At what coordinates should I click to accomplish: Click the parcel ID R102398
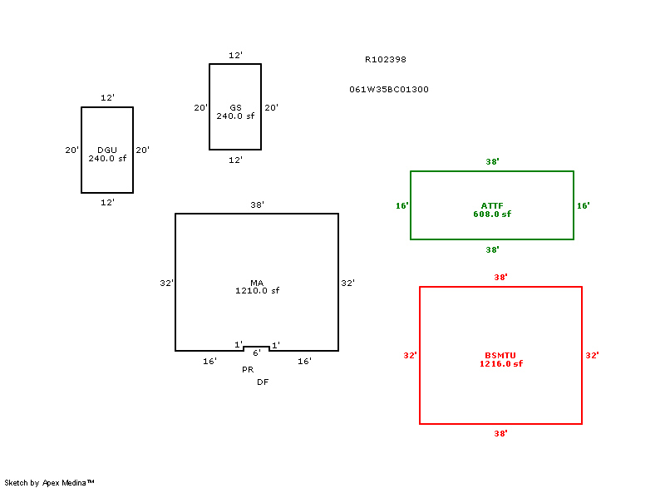tap(386, 60)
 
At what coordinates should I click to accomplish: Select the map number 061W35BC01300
tap(389, 89)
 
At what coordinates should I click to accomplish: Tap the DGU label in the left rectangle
tap(107, 150)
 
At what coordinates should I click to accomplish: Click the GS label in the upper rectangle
tap(235, 108)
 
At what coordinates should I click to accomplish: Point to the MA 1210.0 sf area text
tap(257, 287)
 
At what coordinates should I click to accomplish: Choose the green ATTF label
tap(492, 205)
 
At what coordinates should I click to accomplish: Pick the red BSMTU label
tap(500, 355)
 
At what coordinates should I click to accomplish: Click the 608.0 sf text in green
tap(492, 214)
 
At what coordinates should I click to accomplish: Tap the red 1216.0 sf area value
tap(500, 363)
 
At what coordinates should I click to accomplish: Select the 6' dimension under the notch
tap(257, 353)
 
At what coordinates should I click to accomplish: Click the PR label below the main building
tap(248, 369)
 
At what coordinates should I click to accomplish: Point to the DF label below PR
tap(263, 382)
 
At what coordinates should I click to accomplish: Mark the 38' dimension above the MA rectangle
tap(258, 205)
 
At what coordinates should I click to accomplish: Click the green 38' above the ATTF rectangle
tap(492, 162)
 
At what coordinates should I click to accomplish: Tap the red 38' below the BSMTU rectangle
tap(500, 433)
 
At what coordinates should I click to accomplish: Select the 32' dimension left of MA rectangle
tap(166, 283)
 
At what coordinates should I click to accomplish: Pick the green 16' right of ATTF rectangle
tap(583, 205)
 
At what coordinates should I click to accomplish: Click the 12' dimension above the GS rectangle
tap(235, 56)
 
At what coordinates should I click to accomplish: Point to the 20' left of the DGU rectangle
tap(71, 150)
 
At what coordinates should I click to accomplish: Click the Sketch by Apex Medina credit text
tap(49, 482)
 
